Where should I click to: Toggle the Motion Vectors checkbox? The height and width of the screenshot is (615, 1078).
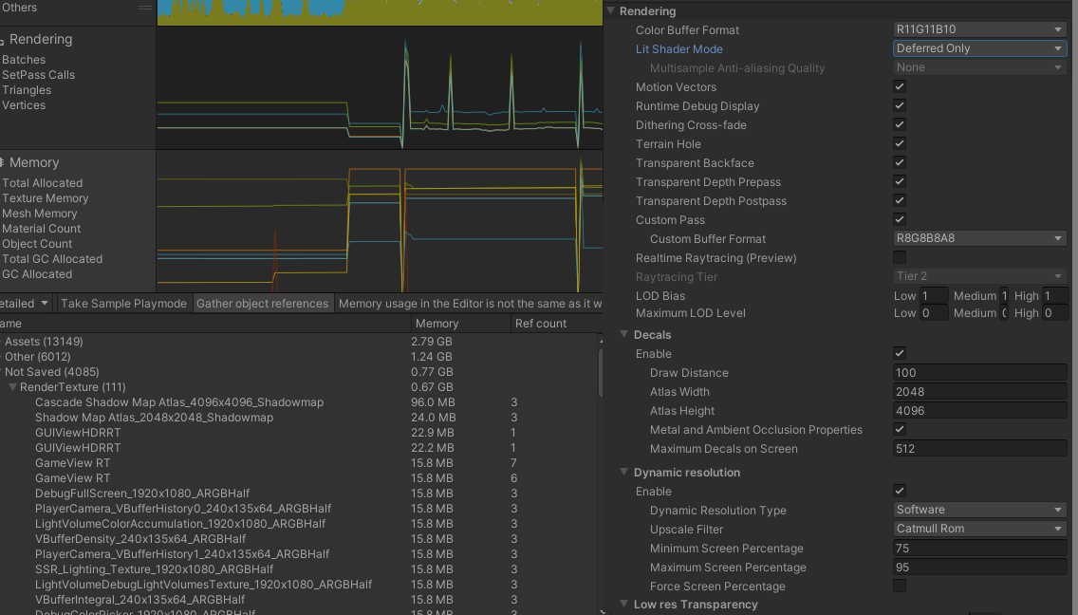coord(900,87)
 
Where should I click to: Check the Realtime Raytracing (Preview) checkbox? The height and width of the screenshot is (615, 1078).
coord(900,258)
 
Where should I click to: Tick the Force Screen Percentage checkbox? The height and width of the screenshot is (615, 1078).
coord(900,587)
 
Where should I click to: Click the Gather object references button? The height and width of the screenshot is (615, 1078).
coord(263,304)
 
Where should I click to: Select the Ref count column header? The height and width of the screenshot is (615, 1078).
coord(541,324)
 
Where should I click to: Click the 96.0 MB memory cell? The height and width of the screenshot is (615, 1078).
coord(434,402)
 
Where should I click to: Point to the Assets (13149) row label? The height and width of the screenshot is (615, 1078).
coord(44,342)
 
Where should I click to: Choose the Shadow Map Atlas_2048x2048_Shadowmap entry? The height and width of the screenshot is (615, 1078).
coord(154,418)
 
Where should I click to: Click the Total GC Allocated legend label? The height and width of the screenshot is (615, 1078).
coord(52,259)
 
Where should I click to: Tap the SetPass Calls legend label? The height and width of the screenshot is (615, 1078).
coord(38,75)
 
